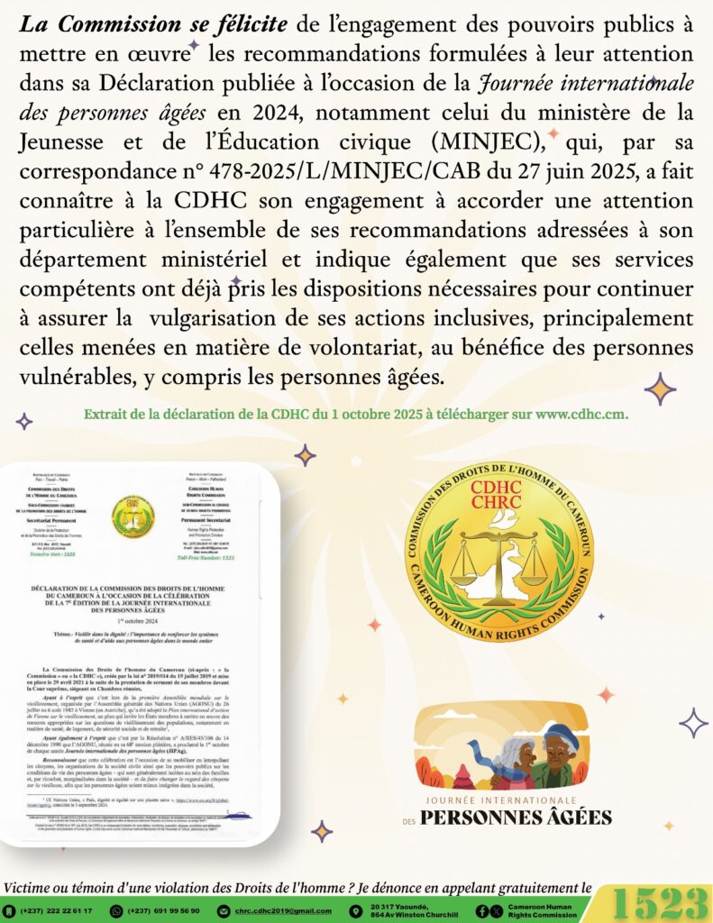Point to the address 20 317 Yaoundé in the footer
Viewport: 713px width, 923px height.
401,906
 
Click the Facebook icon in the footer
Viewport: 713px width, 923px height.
482,910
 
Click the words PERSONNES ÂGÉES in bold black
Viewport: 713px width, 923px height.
516,817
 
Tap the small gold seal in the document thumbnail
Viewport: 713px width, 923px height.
133,516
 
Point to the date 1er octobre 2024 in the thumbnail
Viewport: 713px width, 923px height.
133,622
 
